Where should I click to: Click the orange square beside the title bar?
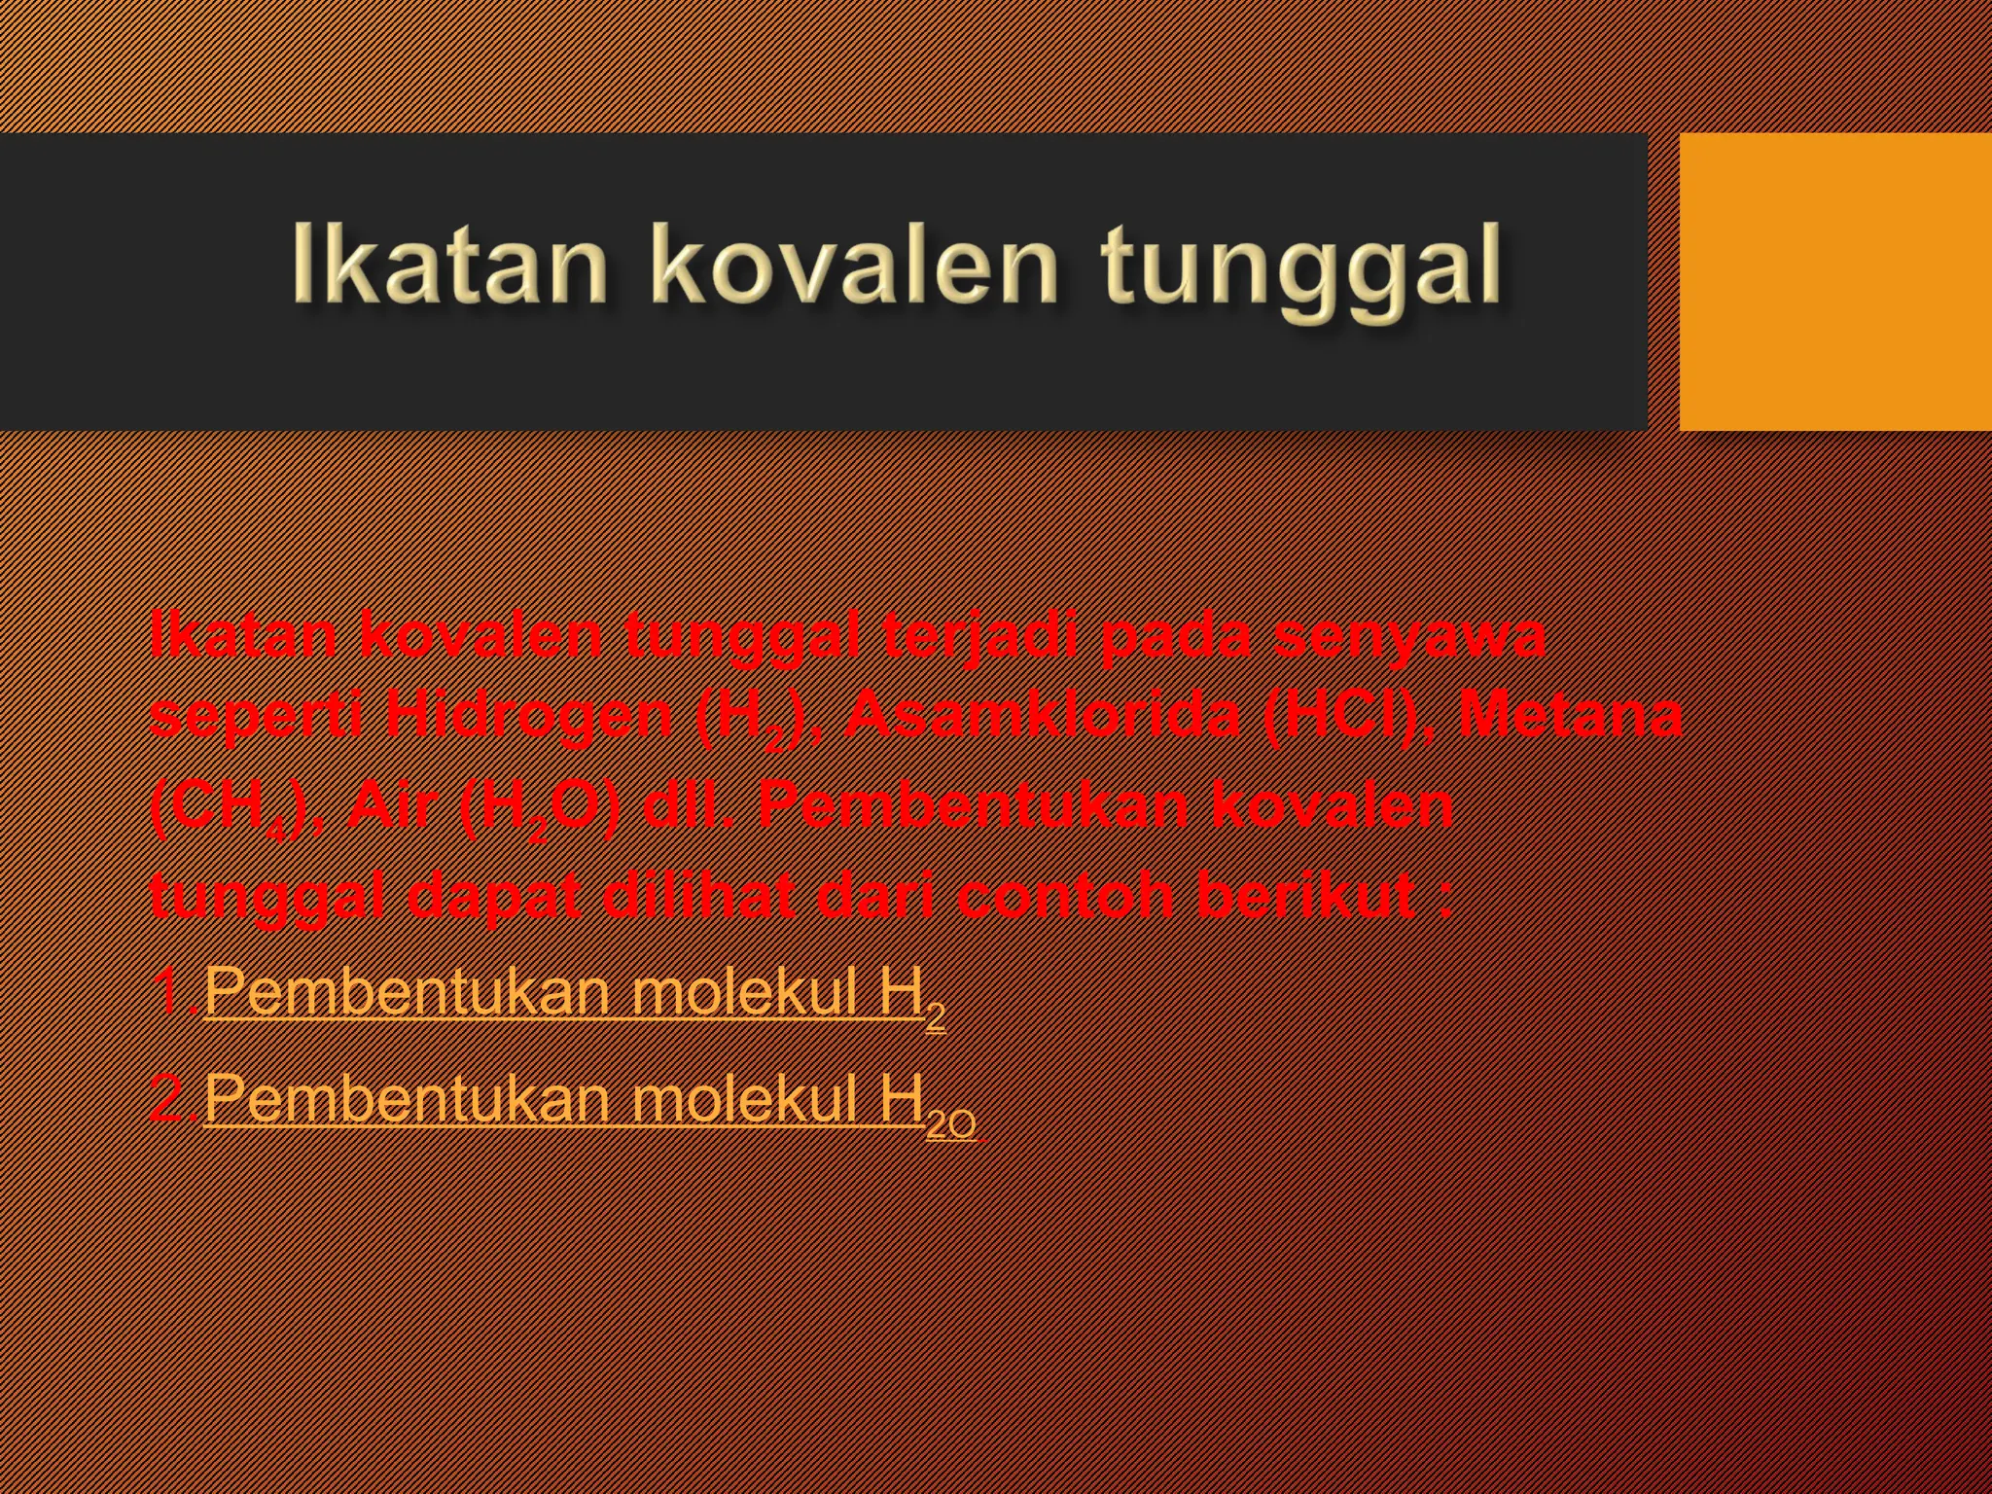click(x=1834, y=282)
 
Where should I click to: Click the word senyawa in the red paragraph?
click(x=1409, y=634)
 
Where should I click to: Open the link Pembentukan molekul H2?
click(x=574, y=994)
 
